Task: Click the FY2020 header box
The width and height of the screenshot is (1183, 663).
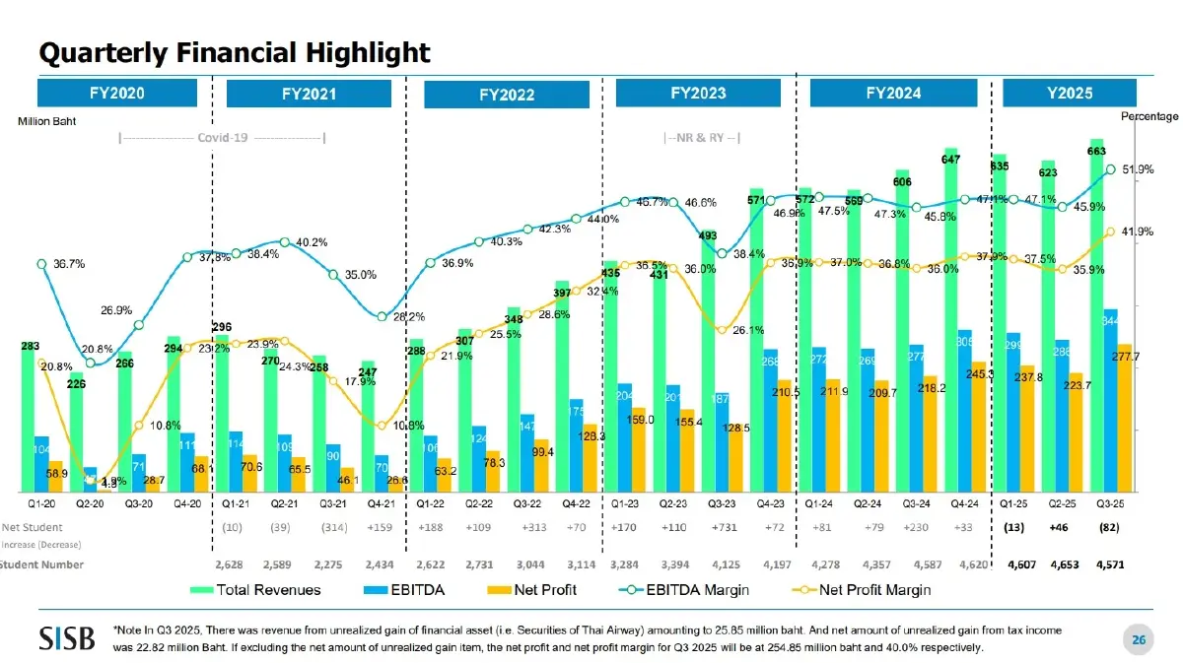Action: (117, 93)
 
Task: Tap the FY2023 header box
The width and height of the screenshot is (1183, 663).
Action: (698, 94)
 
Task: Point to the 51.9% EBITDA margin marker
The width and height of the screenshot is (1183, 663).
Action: (1110, 169)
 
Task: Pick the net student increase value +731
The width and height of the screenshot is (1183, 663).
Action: (726, 528)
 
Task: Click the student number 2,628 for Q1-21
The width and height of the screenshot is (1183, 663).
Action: (230, 564)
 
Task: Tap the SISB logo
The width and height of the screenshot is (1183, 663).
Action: (67, 637)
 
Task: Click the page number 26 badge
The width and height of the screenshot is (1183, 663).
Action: (1138, 641)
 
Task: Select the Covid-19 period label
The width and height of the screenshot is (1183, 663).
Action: (222, 137)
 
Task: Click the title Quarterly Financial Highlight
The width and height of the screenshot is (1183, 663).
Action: (234, 51)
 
